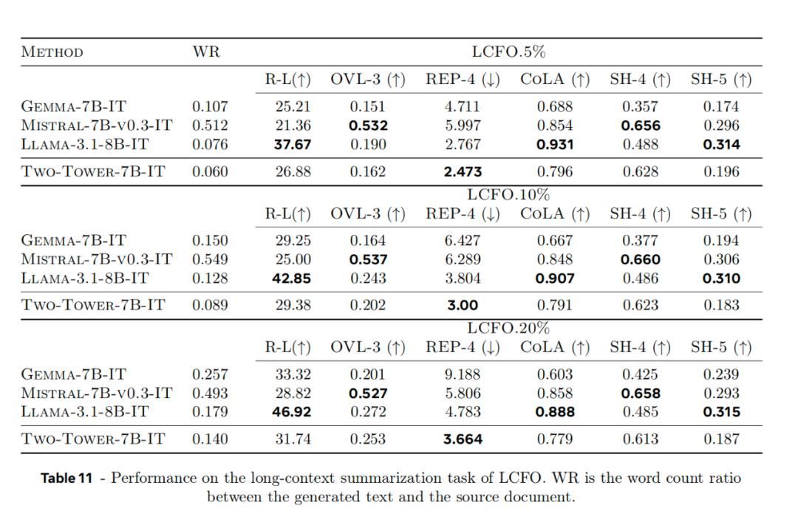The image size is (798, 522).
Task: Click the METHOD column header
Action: [52, 52]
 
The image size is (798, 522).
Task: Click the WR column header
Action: [205, 52]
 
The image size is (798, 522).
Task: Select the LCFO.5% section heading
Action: [508, 52]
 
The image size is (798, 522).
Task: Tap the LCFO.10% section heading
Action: [508, 195]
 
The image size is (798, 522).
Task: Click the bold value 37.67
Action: [293, 145]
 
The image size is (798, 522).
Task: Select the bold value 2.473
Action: [463, 172]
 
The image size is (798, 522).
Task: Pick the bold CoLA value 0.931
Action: [555, 145]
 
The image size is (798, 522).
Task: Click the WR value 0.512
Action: [211, 126]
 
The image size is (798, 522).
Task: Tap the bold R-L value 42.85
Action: [293, 278]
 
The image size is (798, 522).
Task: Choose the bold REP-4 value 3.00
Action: [463, 305]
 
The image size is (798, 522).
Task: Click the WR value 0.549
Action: [211, 259]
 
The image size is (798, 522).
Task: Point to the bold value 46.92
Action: [293, 412]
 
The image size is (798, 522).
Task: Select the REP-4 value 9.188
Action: [463, 374]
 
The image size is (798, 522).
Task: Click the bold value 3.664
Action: [463, 439]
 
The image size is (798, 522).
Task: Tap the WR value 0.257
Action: [211, 374]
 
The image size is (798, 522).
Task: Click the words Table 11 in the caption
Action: [66, 478]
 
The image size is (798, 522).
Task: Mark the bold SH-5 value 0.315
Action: [721, 412]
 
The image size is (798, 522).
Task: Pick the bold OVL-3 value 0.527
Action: [368, 394]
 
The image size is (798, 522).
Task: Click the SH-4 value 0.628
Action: [641, 172]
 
